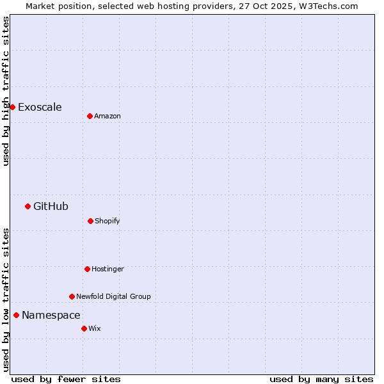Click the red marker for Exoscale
pos(12,107)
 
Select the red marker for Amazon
pos(90,116)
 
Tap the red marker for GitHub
pos(28,206)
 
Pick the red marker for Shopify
pos(90,221)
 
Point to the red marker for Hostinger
pos(87,269)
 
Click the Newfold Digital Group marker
pos(72,296)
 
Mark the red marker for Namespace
pos(16,315)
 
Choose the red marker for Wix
pos(84,328)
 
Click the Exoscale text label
pos(40,107)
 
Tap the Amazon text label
pos(108,116)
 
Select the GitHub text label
pos(51,206)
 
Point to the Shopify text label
pos(108,221)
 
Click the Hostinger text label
pos(108,269)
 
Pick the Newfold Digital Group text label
pos(113,296)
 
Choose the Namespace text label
pos(51,315)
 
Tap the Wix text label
pos(95,328)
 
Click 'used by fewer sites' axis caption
pos(66,379)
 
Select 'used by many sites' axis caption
pos(321,379)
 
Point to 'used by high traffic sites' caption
pos(6,92)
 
